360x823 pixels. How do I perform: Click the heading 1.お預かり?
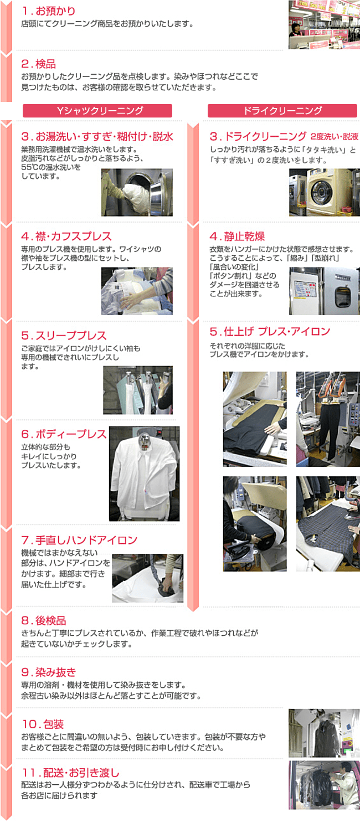(48, 11)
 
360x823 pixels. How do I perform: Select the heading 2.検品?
(39, 64)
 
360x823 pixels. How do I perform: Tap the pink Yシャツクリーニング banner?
(97, 111)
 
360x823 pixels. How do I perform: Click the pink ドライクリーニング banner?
(282, 111)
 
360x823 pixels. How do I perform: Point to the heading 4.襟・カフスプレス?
(66, 236)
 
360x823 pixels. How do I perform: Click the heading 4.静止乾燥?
(237, 236)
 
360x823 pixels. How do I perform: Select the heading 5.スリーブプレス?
(64, 336)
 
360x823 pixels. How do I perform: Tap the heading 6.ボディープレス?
(64, 434)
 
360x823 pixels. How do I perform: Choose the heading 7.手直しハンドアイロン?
(79, 540)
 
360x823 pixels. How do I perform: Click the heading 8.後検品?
(44, 620)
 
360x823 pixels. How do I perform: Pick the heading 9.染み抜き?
(49, 672)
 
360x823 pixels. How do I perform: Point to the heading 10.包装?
(43, 724)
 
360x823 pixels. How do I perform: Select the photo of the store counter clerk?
(324, 24)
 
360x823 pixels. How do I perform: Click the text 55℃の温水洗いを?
(51, 167)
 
